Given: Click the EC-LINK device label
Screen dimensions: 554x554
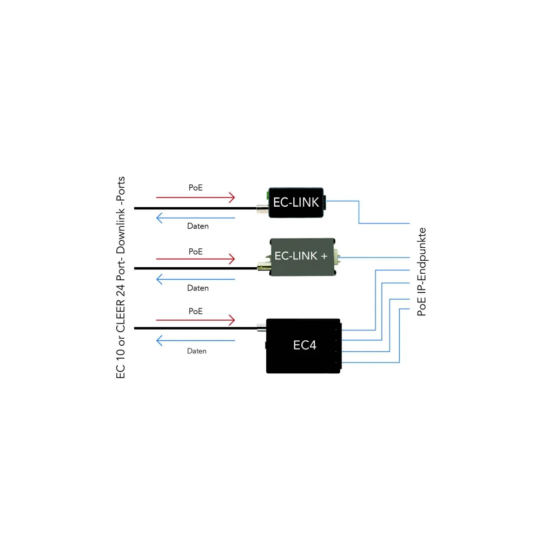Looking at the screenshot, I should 296,202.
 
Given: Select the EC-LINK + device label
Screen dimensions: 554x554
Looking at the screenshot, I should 301,256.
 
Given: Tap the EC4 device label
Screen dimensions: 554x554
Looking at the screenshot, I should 304,345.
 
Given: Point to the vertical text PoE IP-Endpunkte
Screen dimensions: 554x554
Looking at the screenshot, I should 422,272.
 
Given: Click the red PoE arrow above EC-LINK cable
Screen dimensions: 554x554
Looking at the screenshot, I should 195,197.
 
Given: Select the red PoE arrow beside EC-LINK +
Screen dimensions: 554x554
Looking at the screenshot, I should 195,259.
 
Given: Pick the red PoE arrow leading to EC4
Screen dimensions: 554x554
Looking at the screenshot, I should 195,320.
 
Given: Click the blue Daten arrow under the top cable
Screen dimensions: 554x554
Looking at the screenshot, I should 195,218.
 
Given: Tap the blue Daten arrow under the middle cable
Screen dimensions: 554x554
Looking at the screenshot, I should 195,280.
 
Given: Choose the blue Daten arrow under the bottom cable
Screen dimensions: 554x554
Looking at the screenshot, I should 195,341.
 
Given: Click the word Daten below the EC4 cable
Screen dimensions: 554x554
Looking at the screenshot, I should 197,351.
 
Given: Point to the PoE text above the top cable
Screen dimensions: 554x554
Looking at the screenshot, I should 196,188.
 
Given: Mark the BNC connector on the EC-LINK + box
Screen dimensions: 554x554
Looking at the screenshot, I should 263,267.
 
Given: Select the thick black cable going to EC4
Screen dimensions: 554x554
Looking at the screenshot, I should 195,328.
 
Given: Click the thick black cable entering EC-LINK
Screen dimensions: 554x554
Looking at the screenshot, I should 195,208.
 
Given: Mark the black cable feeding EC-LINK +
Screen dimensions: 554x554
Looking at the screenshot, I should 195,268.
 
